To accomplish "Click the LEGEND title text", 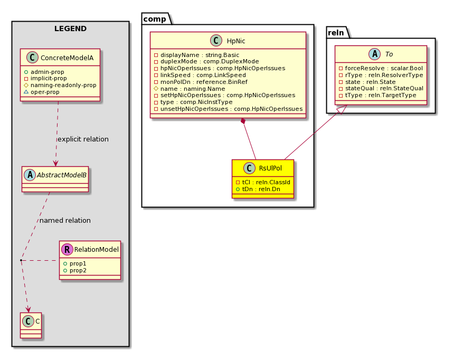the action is pos(71,29).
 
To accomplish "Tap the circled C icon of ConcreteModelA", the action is pos(32,58).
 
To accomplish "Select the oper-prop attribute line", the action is pos(42,92).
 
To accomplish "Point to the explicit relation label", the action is pos(83,139).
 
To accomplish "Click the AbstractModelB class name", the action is pos(62,175).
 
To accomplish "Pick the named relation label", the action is pos(65,221).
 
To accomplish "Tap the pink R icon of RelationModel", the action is pos(67,249).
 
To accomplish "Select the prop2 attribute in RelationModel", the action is pos(75,270).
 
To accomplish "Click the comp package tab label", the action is pos(155,19).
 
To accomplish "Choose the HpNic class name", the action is pos(236,41).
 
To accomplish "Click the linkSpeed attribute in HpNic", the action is pos(200,75).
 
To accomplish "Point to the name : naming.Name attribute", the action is pos(190,89).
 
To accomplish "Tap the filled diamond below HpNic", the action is pos(243,121).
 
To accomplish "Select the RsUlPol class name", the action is pos(270,168).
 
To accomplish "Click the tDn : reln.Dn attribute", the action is pos(258,189).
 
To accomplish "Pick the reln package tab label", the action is pos(336,33).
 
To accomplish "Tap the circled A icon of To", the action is pos(375,54).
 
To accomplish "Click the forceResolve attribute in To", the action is pos(381,68).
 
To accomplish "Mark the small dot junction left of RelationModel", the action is pos(21,260).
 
